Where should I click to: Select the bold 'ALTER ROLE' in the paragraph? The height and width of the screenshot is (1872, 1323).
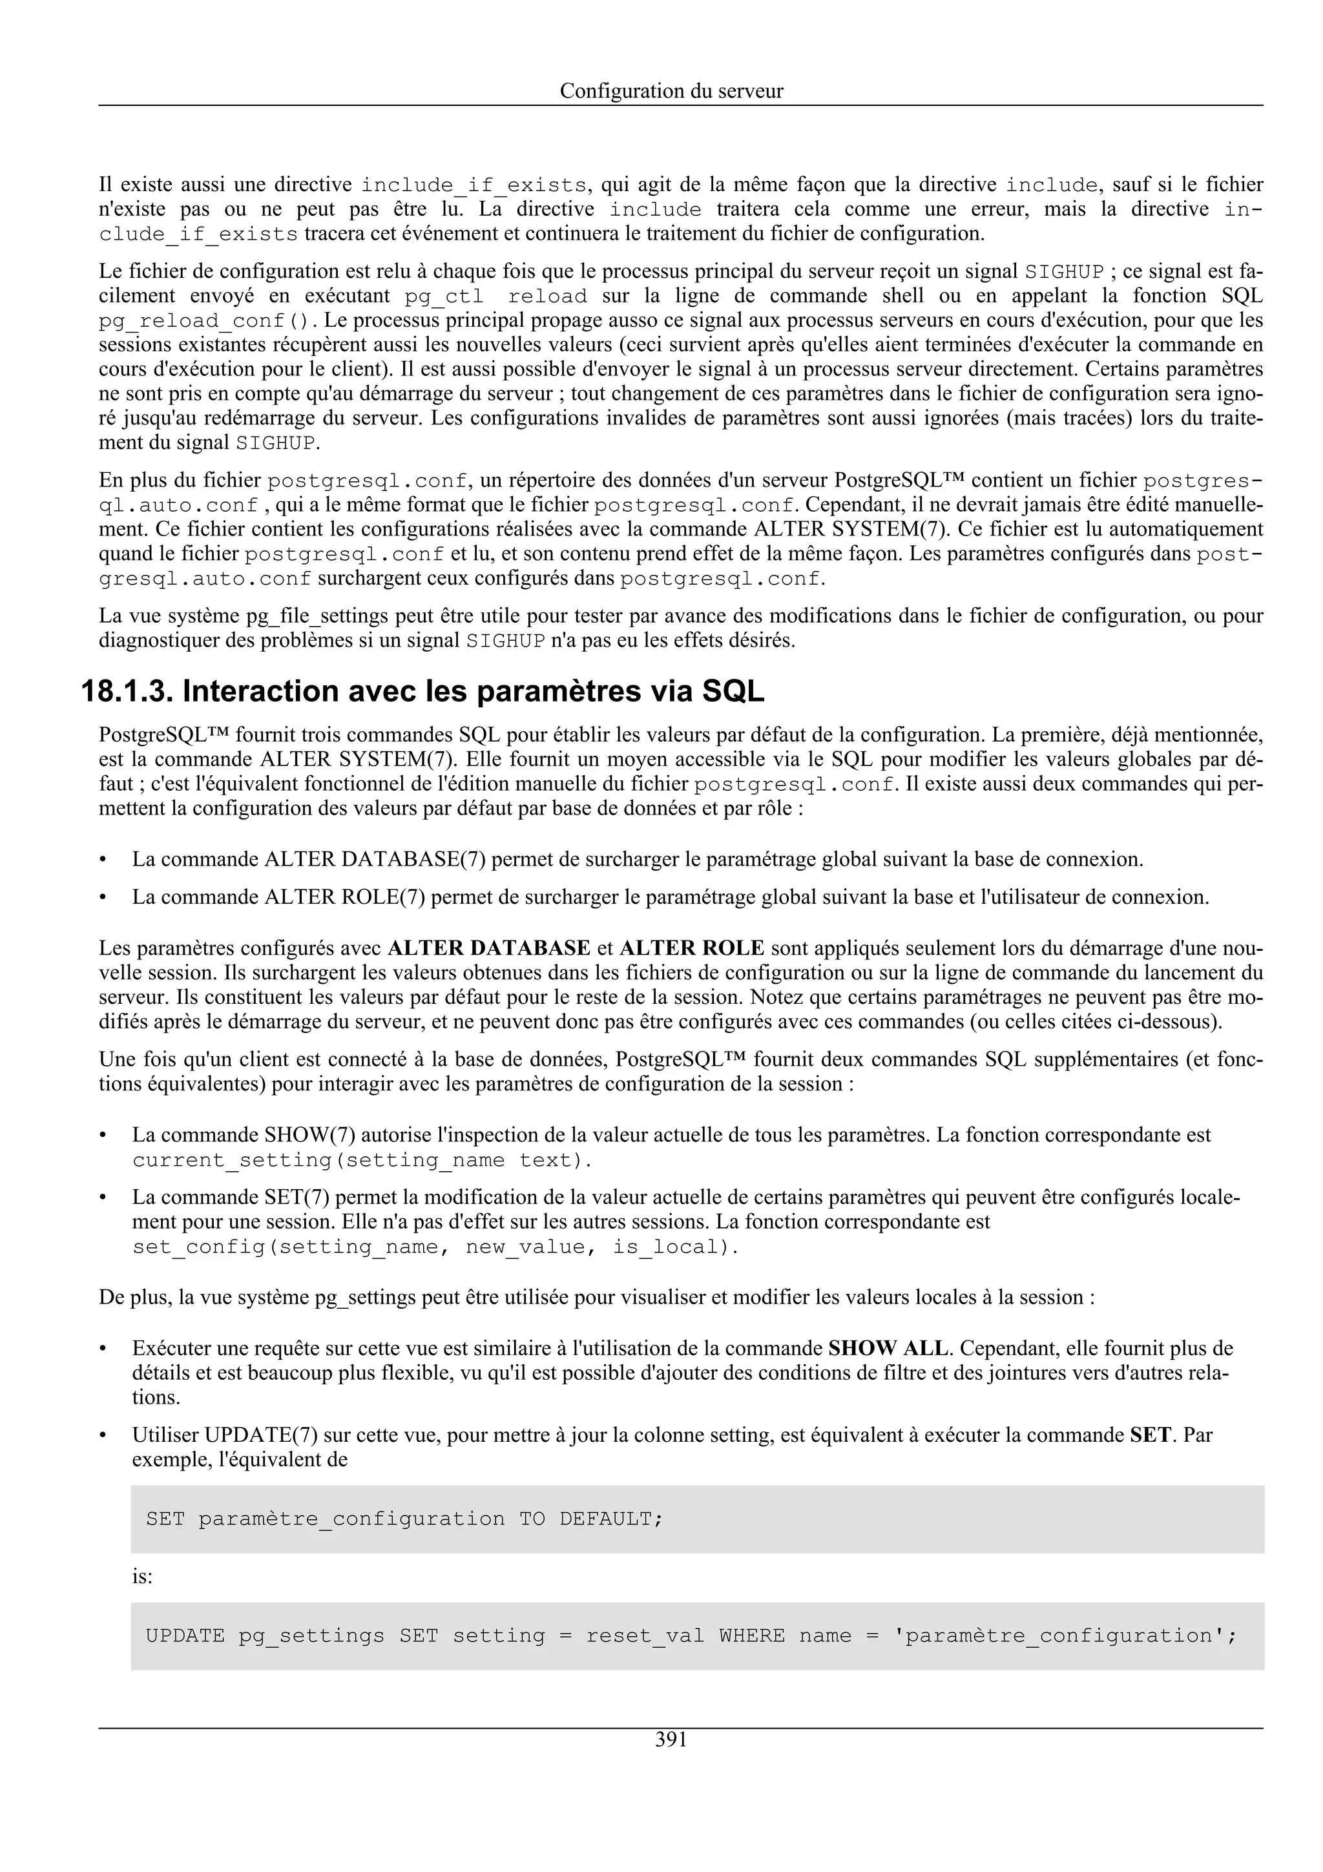click(691, 948)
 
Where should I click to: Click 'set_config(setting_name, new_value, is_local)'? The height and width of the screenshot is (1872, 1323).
click(435, 1247)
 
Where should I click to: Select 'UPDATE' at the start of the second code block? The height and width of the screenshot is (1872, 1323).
click(185, 1636)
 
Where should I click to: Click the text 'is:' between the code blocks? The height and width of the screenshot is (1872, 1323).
click(143, 1577)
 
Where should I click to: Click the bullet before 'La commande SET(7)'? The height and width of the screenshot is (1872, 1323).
click(103, 1198)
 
